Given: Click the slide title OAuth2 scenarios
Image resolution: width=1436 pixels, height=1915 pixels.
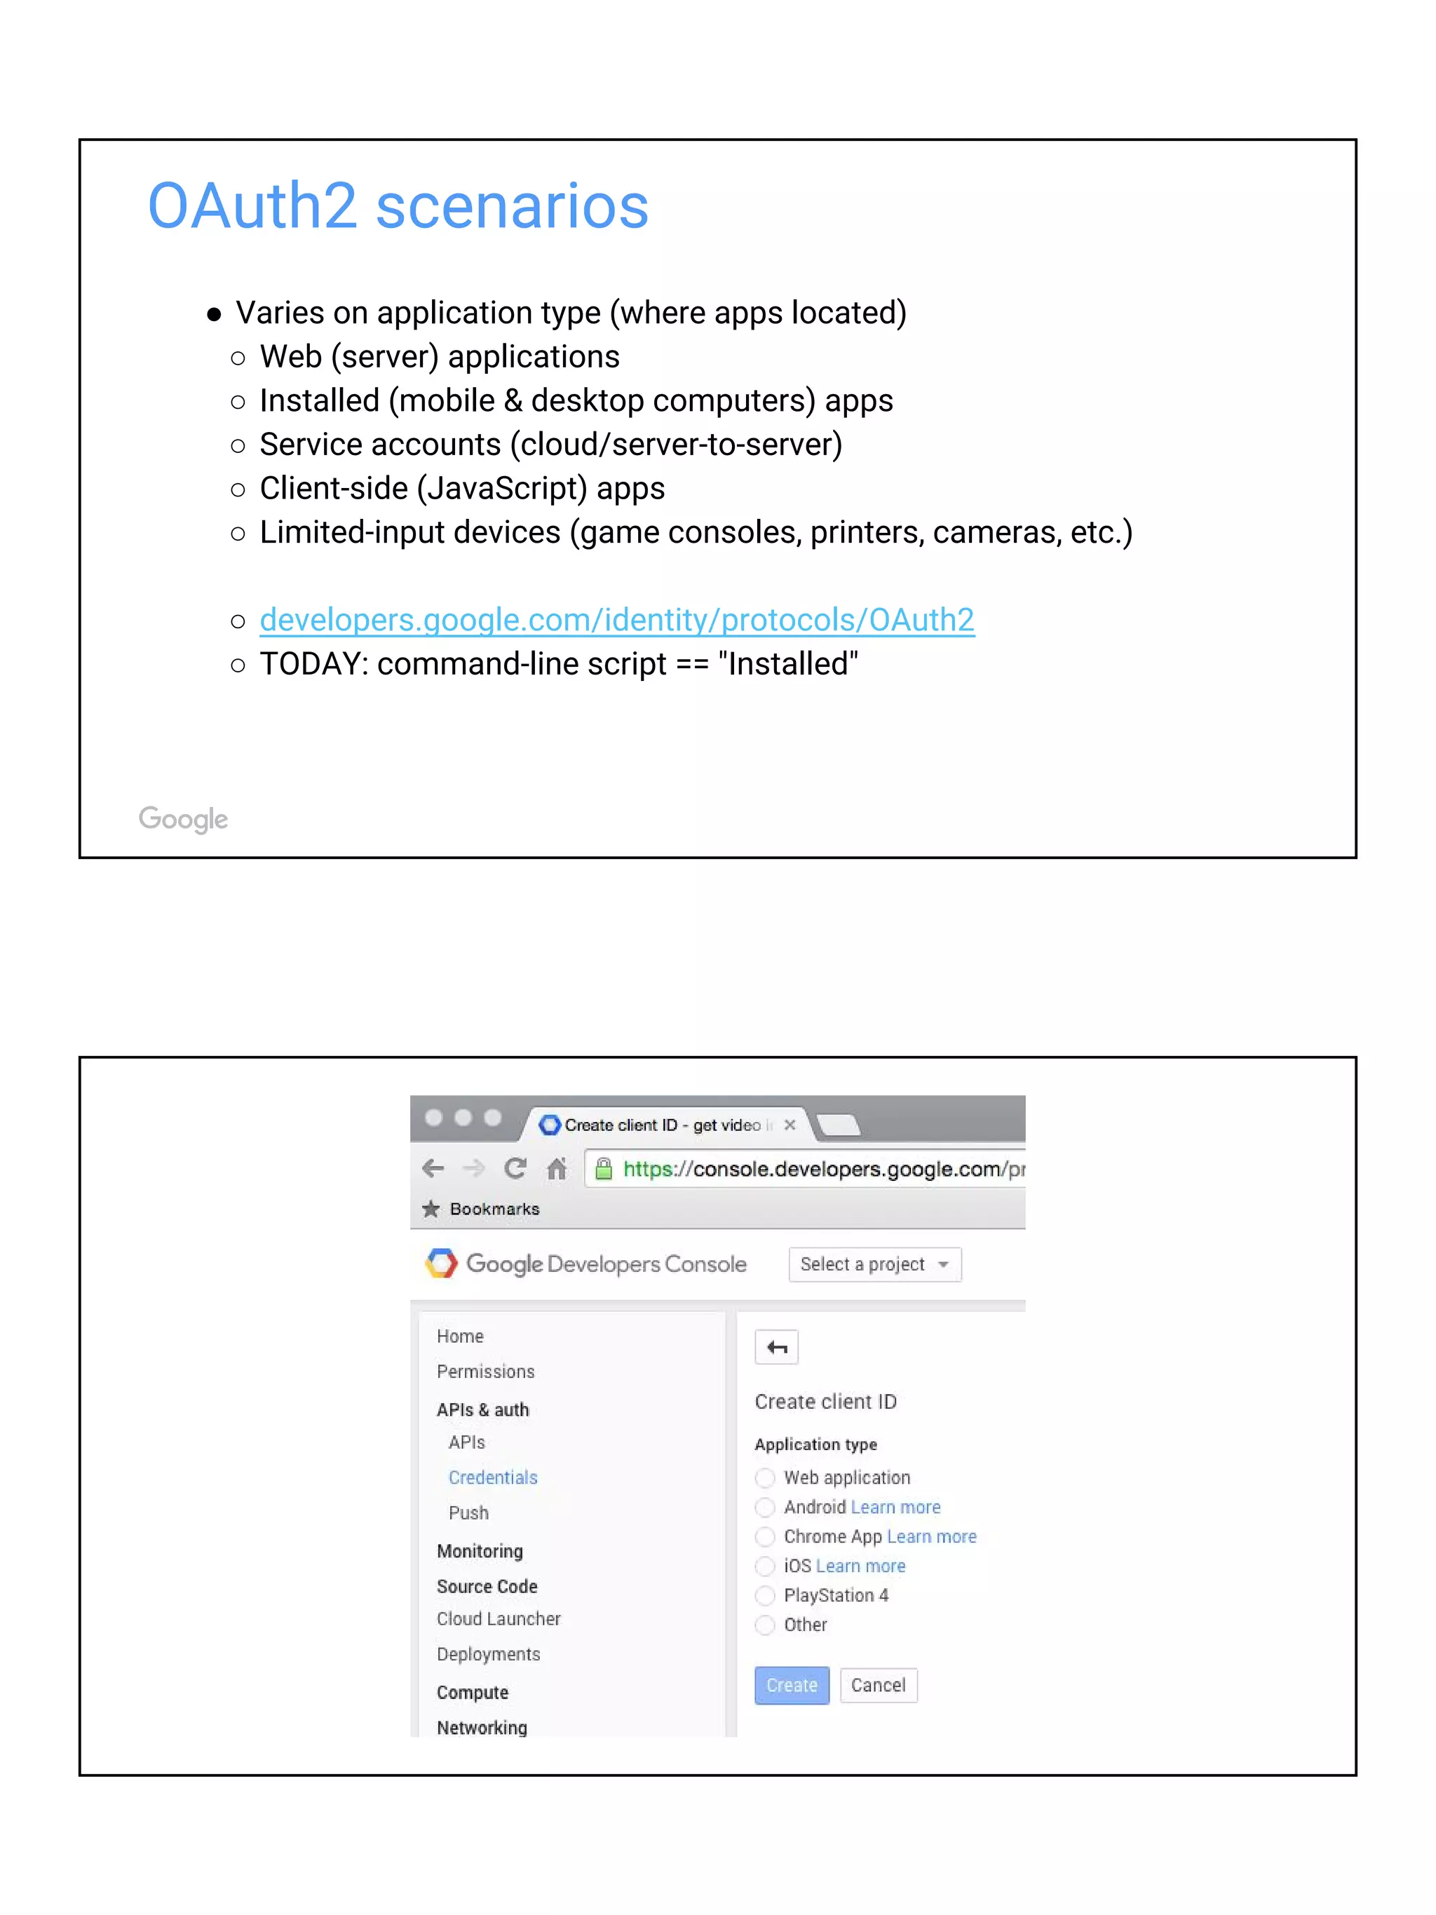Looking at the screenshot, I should pos(398,206).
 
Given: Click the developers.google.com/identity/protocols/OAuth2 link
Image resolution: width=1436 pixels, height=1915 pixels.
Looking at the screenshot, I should pos(616,620).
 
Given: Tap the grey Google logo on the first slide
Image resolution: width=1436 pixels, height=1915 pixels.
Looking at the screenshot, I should pos(184,818).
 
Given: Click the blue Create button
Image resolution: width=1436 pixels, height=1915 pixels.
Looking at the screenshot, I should pos(791,1685).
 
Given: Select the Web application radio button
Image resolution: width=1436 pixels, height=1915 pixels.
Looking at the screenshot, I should pos(764,1478).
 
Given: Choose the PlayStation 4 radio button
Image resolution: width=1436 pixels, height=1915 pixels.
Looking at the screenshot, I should pos(764,1595).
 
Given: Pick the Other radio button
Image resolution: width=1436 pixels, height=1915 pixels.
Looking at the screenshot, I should pos(764,1625).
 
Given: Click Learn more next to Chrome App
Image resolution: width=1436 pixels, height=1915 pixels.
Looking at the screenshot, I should pos(931,1536).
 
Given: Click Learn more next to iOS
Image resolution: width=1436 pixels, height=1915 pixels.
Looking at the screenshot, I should pos(860,1566).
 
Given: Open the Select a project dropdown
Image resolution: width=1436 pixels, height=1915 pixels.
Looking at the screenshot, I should pos(874,1264).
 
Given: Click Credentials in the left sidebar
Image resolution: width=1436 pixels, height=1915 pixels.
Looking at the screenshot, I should pos(492,1478).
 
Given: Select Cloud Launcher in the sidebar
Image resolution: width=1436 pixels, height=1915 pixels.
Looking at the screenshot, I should pos(499,1619).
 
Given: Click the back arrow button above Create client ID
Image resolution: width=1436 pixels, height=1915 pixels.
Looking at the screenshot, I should pos(776,1347).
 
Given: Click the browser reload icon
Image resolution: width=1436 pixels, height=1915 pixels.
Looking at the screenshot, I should pos(515,1169).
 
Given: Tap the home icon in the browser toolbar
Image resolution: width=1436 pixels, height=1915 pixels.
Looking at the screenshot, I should pos(557,1169).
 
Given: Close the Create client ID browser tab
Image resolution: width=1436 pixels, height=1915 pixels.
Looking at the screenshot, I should pos(790,1125).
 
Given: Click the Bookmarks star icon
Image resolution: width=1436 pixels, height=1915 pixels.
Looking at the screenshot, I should pos(431,1209).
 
